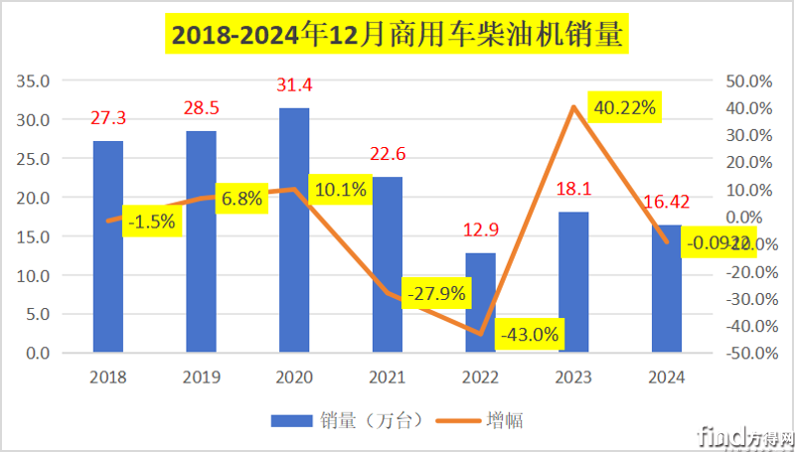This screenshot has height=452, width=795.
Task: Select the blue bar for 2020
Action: coord(294,229)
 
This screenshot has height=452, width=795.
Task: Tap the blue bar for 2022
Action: coord(480,302)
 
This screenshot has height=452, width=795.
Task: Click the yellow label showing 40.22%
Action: coord(624,108)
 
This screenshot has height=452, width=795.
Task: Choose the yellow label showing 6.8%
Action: coord(241,199)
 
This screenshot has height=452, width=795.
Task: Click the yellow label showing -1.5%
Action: coord(152,222)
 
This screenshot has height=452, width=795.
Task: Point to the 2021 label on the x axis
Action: coord(388,377)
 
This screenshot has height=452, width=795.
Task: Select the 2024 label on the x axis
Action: coord(666,377)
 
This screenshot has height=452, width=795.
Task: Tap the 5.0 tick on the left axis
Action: coord(38,314)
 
